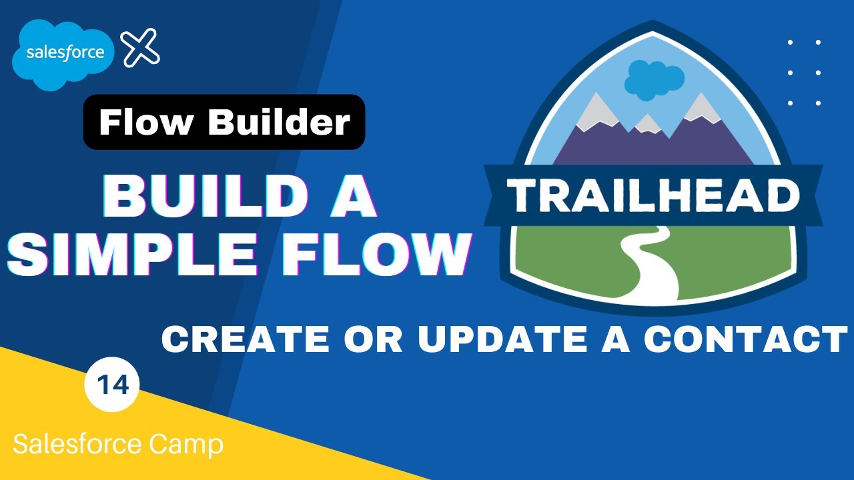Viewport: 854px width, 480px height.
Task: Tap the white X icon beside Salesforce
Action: coord(141,48)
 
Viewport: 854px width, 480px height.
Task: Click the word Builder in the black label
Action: coord(280,122)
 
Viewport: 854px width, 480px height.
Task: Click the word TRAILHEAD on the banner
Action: coord(654,196)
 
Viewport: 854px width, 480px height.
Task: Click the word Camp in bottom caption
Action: coord(187,445)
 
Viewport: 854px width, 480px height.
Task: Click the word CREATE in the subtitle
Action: coord(248,339)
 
